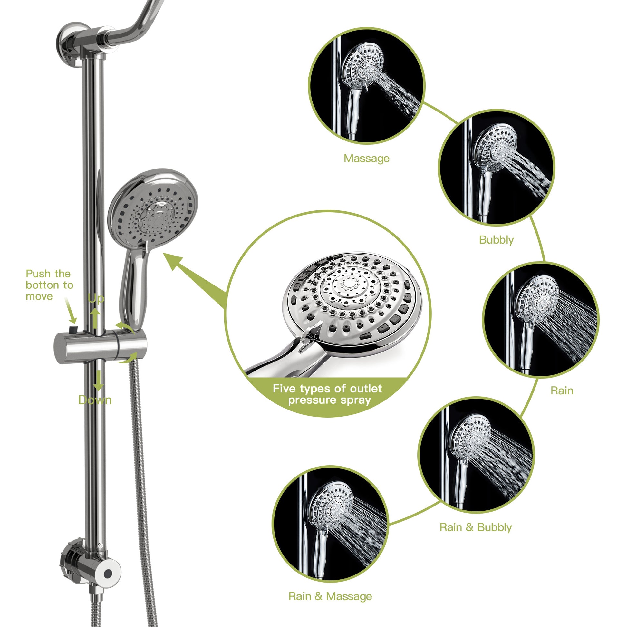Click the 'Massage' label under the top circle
(366, 159)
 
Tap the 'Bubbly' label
(496, 240)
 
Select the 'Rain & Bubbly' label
(476, 527)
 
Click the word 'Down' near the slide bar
(95, 400)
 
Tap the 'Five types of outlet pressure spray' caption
(328, 394)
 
